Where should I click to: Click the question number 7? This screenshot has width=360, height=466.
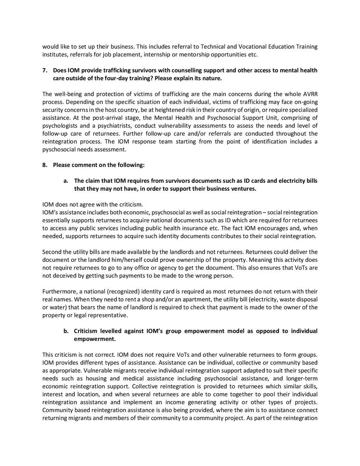[44, 70]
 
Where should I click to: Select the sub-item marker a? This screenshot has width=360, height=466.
[66, 181]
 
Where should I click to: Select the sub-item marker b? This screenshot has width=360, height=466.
[66, 331]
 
